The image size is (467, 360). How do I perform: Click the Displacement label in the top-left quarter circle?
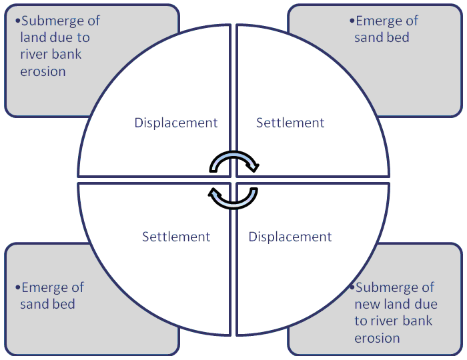[x=176, y=123]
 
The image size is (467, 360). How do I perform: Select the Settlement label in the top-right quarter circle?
[x=290, y=123]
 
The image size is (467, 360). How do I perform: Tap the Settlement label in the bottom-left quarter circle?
[x=176, y=237]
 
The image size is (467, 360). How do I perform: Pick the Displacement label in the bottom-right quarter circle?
[x=290, y=237]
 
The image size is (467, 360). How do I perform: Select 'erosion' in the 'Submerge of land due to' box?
[x=43, y=71]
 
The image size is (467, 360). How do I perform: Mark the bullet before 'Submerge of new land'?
[x=352, y=288]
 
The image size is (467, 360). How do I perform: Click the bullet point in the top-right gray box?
[x=352, y=21]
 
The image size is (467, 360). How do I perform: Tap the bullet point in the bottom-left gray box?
[x=17, y=288]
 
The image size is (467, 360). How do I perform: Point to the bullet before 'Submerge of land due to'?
[x=17, y=21]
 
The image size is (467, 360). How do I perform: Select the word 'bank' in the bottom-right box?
[x=415, y=321]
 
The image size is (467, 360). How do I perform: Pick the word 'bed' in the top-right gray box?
[x=398, y=37]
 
